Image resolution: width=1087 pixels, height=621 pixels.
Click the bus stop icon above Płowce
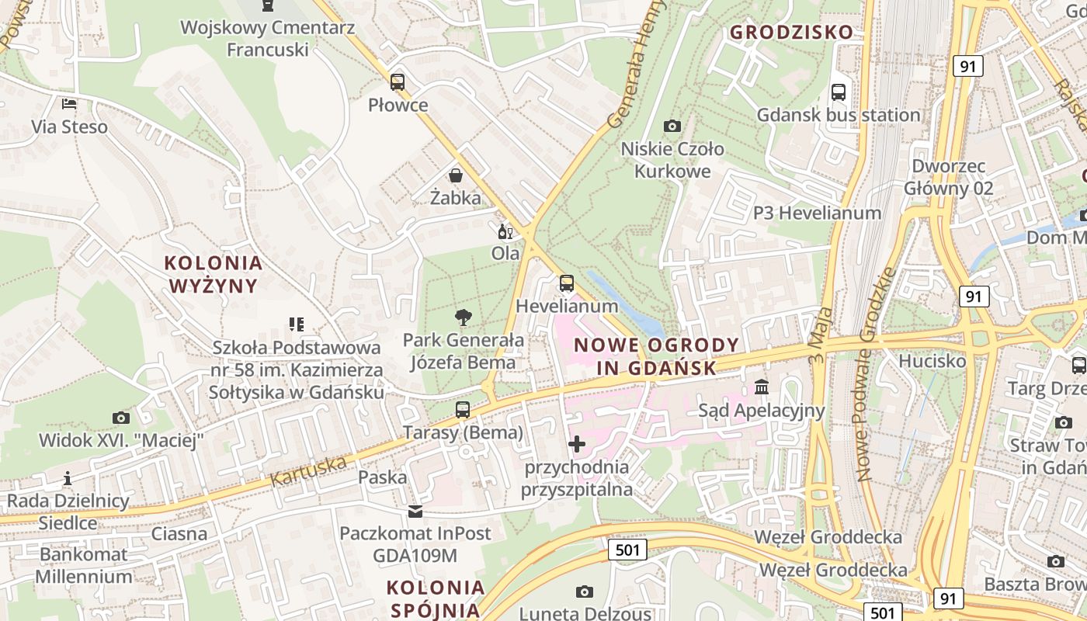point(398,82)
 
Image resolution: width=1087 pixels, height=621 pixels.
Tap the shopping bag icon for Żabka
point(456,175)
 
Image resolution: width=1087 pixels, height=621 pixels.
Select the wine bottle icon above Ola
point(505,231)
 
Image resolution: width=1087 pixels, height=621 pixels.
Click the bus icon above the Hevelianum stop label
point(567,283)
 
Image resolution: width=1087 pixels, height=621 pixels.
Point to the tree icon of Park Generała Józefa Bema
point(464,317)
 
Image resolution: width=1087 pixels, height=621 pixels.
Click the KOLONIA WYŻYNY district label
point(214,274)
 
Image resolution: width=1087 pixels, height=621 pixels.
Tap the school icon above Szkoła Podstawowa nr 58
point(296,324)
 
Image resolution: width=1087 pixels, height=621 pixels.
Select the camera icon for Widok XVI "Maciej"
point(120,418)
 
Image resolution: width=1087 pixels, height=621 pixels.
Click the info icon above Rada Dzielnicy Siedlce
point(68,478)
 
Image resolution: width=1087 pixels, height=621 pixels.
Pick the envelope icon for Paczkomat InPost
point(415,512)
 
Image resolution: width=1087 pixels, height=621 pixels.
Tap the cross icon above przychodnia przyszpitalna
point(577,444)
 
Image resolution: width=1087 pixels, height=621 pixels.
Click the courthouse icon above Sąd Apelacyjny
point(762,387)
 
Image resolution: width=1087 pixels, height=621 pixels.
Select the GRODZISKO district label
point(791,33)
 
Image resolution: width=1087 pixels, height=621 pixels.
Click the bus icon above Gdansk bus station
point(839,92)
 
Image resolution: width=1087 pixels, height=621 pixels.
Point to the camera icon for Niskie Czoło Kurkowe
point(672,126)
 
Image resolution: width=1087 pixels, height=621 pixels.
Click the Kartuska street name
point(308,471)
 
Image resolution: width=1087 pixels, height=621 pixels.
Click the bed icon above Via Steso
point(69,104)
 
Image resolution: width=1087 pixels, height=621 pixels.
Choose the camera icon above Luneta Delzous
point(585,592)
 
